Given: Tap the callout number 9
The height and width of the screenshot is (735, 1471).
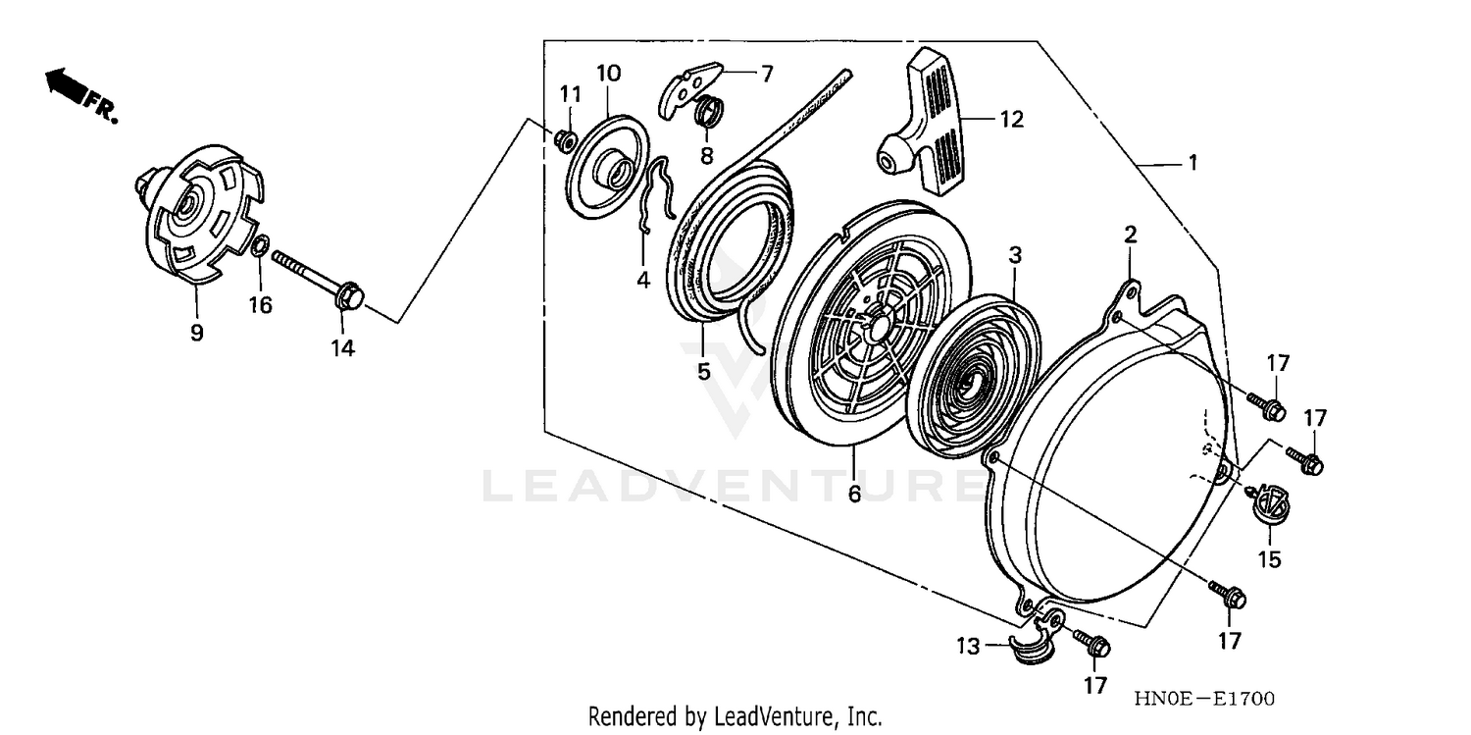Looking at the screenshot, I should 196,333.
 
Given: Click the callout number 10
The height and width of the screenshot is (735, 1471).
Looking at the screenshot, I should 608,73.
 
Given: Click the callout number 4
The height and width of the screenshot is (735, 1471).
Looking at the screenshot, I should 643,280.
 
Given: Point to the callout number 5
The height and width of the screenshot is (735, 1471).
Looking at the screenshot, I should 703,372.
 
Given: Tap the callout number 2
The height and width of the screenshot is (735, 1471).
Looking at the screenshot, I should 1130,234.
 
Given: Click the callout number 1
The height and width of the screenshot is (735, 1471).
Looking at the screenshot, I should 1192,164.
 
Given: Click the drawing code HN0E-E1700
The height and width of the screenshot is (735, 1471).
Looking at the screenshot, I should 1203,699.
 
